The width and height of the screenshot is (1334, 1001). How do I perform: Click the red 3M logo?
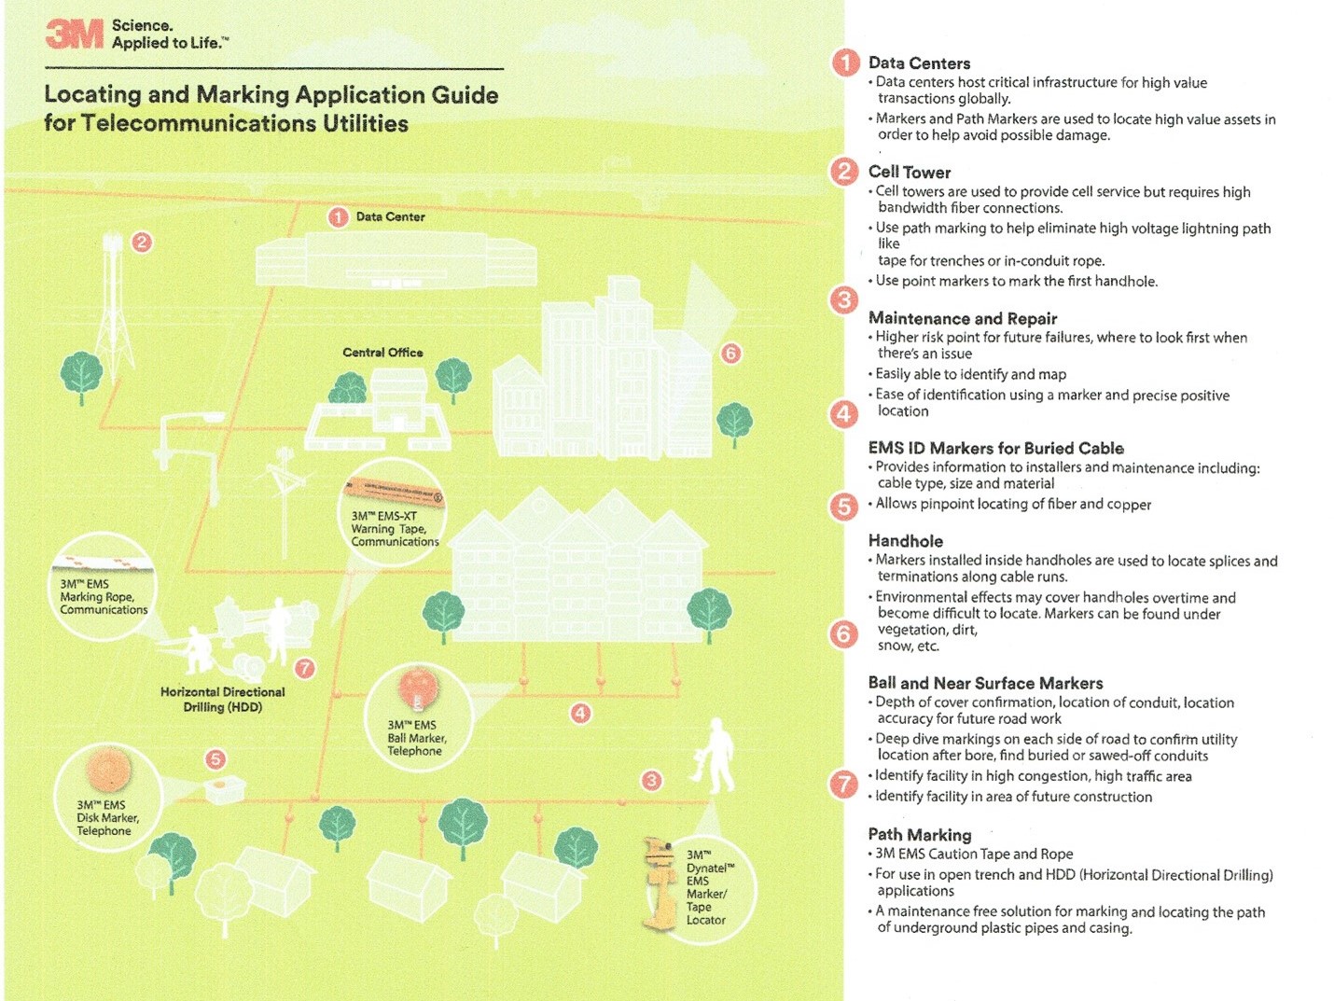click(x=75, y=35)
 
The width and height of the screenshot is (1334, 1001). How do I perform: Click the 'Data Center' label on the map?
click(x=390, y=216)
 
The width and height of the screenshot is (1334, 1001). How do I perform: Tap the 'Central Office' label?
click(x=382, y=353)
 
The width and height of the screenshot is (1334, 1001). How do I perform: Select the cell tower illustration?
click(x=114, y=308)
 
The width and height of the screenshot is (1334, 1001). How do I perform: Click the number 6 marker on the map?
click(x=730, y=353)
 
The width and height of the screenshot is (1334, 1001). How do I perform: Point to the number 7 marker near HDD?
click(x=305, y=668)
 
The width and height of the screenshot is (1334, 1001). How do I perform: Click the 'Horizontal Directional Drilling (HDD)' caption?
click(x=222, y=699)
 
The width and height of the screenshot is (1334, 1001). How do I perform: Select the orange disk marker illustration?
click(x=109, y=770)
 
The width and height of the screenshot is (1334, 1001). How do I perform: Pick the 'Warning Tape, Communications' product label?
click(x=395, y=529)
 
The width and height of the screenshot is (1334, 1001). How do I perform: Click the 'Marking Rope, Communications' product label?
click(x=104, y=597)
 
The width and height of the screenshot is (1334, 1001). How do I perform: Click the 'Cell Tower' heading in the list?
click(x=909, y=172)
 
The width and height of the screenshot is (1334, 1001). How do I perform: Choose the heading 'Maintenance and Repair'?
click(x=962, y=318)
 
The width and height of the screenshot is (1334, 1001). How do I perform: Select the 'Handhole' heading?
click(x=905, y=541)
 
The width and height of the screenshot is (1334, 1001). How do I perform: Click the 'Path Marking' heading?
click(x=919, y=834)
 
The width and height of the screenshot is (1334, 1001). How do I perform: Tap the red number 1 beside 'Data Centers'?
click(x=845, y=63)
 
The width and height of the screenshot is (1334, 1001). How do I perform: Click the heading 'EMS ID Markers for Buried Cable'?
click(x=995, y=448)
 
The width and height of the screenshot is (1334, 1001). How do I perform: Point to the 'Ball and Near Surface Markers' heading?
click(x=985, y=683)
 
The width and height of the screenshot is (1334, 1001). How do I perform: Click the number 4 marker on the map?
click(x=580, y=714)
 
